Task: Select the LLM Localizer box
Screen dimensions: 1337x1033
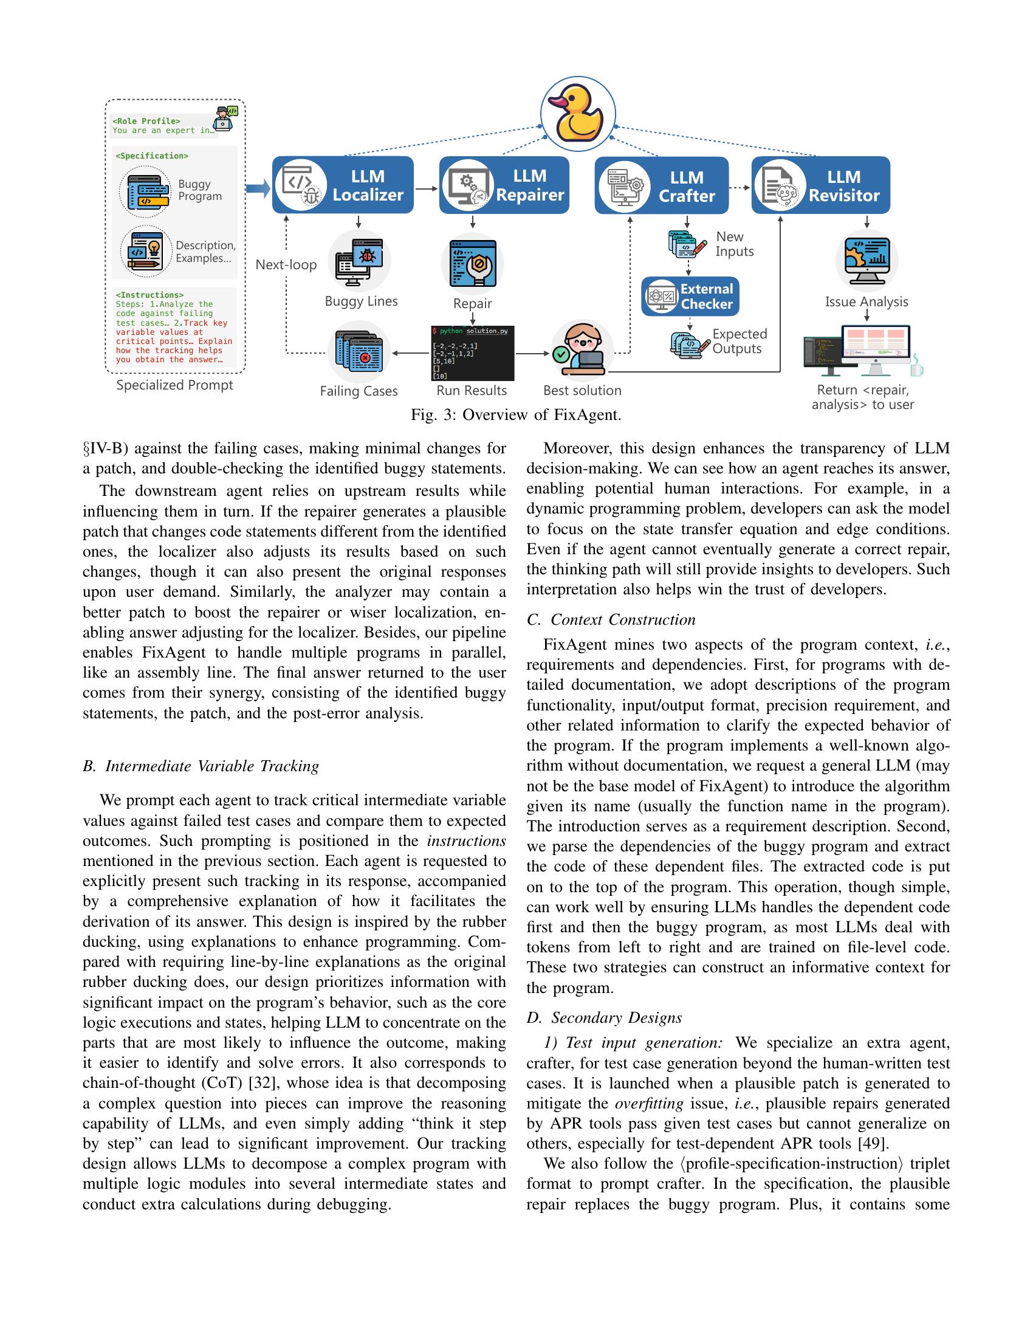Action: [343, 185]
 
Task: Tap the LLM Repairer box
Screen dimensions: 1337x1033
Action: [504, 185]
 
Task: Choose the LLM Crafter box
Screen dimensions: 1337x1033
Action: [662, 185]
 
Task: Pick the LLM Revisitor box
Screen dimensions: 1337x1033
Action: [820, 185]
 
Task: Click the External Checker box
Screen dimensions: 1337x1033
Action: [690, 297]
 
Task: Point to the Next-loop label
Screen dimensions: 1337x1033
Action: [286, 265]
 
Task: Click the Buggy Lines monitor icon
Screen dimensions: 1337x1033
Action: [359, 262]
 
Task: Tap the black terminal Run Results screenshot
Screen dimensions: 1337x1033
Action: [472, 353]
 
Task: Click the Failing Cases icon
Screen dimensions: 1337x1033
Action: [359, 353]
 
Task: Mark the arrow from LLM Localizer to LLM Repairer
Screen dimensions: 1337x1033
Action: [427, 188]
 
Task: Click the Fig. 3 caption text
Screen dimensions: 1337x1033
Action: [516, 415]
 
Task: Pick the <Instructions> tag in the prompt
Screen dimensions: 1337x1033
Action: [149, 295]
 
